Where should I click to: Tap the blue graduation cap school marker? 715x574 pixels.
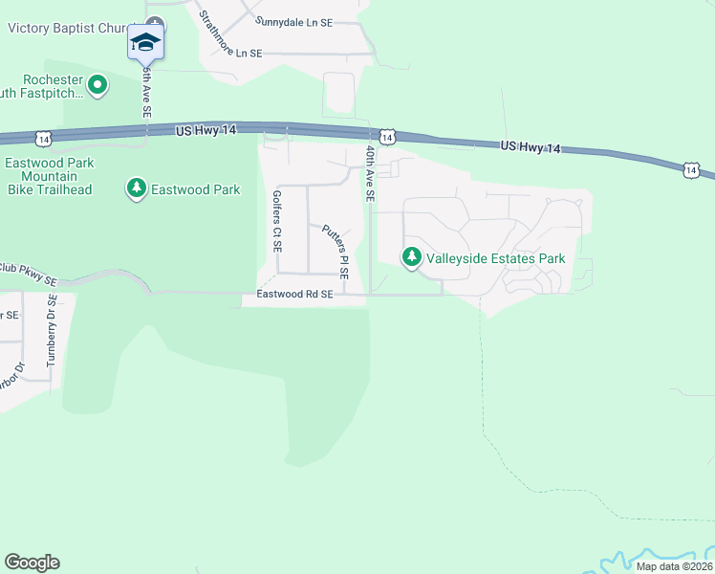pos(145,42)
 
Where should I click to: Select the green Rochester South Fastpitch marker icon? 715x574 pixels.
pos(97,87)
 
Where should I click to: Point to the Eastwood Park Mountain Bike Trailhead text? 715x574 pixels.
pos(50,176)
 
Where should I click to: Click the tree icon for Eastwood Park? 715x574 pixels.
pos(137,188)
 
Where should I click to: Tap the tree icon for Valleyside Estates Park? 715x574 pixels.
pos(412,257)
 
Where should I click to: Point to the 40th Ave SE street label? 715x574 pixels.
pos(370,173)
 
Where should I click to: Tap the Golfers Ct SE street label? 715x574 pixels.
pos(277,220)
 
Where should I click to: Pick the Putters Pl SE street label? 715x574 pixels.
pos(334,245)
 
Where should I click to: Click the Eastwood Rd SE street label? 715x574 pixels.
pos(294,296)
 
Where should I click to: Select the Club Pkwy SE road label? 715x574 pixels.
pos(29,275)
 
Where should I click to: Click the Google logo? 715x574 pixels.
pos(32,563)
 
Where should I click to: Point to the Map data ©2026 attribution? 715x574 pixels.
pos(674,566)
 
